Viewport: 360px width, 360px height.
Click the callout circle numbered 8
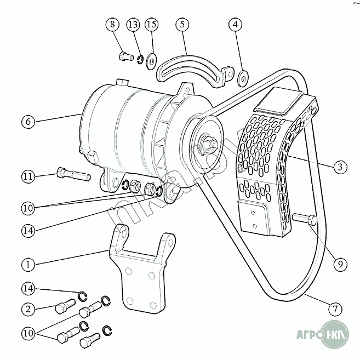coord(113,25)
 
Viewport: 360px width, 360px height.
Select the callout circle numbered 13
coord(132,25)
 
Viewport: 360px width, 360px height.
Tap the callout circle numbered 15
coord(151,25)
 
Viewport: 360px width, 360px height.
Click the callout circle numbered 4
coord(236,25)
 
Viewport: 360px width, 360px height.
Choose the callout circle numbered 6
coord(28,121)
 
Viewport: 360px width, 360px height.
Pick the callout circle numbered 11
coord(28,176)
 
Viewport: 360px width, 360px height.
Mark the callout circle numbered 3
coord(340,168)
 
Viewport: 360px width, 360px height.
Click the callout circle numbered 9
coord(340,265)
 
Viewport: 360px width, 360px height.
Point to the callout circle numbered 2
coord(28,308)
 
